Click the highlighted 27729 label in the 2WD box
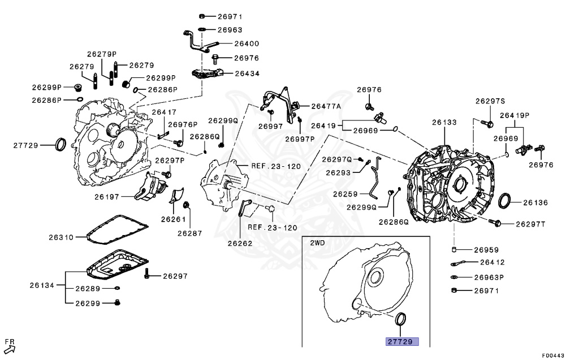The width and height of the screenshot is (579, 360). coord(402,341)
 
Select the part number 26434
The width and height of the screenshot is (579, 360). coord(247,73)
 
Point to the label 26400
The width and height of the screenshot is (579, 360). coord(247,44)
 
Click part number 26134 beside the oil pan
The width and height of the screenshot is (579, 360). coord(42,285)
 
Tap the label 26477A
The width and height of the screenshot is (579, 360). coord(326,106)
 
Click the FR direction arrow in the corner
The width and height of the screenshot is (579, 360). coord(10,346)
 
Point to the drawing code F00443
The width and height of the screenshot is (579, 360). coord(552,355)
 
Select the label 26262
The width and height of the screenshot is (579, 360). coord(240,244)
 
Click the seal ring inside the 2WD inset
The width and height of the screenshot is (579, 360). coord(401,319)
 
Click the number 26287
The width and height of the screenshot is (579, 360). coord(190,232)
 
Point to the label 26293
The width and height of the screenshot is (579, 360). coord(338,172)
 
